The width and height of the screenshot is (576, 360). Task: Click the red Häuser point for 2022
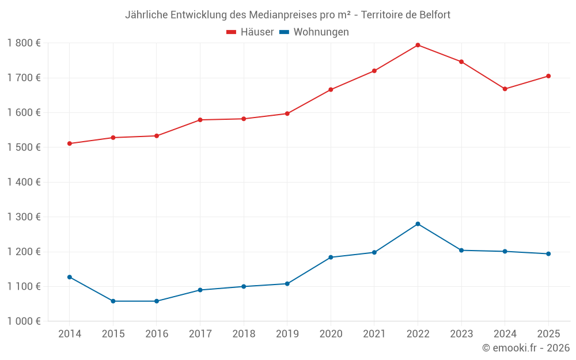tap(418, 45)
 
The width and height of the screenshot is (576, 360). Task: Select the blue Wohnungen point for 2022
tap(418, 224)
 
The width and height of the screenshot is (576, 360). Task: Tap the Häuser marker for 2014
tap(70, 143)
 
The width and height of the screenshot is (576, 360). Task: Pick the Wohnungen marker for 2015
tap(113, 301)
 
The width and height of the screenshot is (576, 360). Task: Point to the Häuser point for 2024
tap(505, 89)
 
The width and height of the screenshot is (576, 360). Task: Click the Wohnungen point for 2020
tap(331, 257)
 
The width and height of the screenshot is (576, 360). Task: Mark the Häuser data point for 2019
tap(287, 113)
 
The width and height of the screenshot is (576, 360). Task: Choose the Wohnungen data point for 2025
tap(548, 254)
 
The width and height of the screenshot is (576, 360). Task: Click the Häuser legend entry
tap(250, 32)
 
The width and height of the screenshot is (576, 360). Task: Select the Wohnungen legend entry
tap(314, 32)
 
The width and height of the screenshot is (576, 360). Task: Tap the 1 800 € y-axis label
tap(24, 43)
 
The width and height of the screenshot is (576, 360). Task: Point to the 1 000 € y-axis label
tap(24, 321)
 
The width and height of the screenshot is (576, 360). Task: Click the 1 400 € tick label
tap(24, 183)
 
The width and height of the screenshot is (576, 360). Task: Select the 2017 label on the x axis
tap(200, 334)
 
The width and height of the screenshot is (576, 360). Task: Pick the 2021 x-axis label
tap(374, 334)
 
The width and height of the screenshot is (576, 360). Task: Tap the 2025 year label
tap(548, 334)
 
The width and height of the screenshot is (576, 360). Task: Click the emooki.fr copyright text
tap(526, 348)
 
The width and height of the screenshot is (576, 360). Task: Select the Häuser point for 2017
tap(200, 120)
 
